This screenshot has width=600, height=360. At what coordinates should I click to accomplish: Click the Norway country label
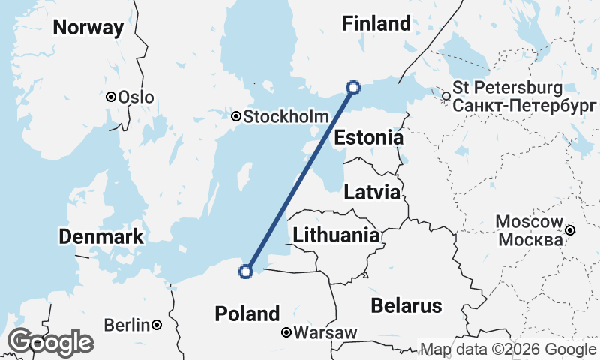88,28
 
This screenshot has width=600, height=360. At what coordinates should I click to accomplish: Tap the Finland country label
376,24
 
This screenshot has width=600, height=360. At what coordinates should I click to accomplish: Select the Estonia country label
368,139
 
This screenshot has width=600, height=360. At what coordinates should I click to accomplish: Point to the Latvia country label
371,193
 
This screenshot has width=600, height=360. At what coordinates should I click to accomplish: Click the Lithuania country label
336,235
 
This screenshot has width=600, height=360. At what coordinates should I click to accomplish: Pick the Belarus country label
406,305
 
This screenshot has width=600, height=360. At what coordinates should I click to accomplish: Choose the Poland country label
247,313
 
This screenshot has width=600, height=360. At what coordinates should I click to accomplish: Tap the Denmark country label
100,237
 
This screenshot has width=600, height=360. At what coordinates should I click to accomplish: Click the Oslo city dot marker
111,97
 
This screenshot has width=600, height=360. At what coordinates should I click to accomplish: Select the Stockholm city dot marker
236,116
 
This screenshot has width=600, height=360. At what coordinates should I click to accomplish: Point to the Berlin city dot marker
157,325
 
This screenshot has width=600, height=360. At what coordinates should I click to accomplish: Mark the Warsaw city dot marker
286,331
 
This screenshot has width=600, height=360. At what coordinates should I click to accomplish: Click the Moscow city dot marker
570,230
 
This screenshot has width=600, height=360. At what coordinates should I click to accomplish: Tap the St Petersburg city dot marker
446,96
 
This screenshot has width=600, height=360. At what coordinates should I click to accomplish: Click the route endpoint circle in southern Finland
353,87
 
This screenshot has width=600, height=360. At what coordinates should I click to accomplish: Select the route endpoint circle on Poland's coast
245,271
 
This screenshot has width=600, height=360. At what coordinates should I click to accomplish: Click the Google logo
51,342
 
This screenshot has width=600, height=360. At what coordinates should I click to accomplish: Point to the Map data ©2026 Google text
508,349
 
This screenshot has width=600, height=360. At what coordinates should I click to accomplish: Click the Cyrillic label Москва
530,240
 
